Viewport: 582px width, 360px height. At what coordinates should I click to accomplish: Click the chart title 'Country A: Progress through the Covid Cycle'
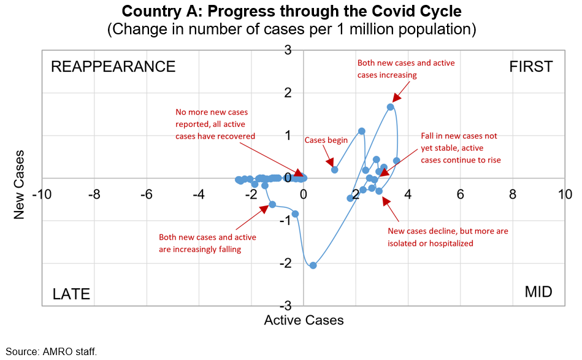(291, 11)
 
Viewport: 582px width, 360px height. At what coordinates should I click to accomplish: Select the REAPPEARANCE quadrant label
(113, 67)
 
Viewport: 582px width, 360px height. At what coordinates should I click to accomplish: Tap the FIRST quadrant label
(531, 67)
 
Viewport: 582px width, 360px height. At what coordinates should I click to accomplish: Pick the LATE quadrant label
(71, 294)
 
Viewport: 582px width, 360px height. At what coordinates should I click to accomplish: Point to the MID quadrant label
(538, 292)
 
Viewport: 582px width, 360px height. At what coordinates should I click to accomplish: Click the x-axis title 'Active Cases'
(304, 320)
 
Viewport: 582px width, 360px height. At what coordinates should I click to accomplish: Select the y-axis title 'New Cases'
(20, 178)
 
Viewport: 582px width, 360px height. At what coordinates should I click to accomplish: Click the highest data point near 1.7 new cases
(390, 107)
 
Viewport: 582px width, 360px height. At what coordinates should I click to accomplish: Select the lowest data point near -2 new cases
(313, 266)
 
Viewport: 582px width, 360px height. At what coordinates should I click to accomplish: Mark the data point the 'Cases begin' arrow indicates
(335, 169)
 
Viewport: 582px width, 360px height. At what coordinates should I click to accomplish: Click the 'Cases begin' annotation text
(326, 140)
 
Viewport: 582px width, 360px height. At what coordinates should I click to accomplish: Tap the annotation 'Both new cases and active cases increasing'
(406, 69)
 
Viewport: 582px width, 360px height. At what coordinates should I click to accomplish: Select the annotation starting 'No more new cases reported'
(215, 124)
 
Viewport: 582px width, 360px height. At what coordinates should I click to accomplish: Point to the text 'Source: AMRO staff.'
(52, 351)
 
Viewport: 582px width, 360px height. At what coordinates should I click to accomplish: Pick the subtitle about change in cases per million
(291, 29)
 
